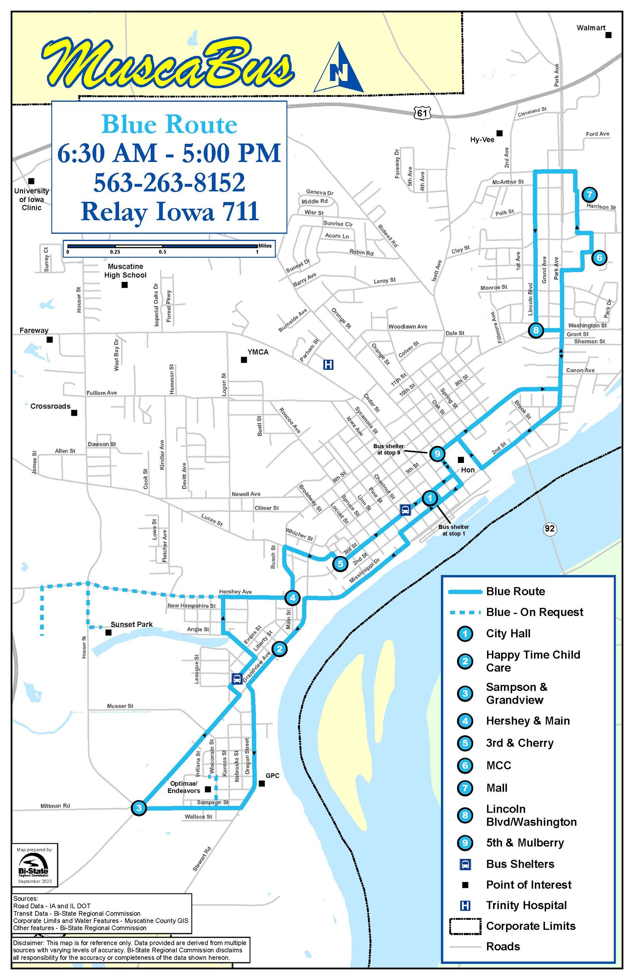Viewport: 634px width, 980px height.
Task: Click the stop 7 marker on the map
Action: tap(589, 194)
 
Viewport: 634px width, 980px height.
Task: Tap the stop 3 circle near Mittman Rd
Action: tap(139, 807)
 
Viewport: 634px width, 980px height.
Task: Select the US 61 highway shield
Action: tap(422, 112)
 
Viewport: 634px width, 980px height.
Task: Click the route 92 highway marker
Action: tap(550, 528)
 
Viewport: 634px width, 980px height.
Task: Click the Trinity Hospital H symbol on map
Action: tap(328, 364)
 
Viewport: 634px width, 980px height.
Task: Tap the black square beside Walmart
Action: tap(608, 35)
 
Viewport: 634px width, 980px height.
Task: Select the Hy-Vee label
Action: tap(482, 140)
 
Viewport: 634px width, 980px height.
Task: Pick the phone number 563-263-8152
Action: tap(169, 182)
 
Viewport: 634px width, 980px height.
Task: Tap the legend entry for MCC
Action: tap(499, 765)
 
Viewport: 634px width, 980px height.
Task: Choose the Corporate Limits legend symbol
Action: tap(465, 926)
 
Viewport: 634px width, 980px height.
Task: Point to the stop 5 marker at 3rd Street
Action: tap(340, 563)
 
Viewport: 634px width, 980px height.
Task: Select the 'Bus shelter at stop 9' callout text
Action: tap(388, 449)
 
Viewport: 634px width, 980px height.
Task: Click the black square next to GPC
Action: tap(262, 783)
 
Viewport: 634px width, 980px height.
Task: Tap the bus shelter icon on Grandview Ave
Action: tap(237, 679)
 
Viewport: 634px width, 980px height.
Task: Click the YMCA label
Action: tap(258, 352)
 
